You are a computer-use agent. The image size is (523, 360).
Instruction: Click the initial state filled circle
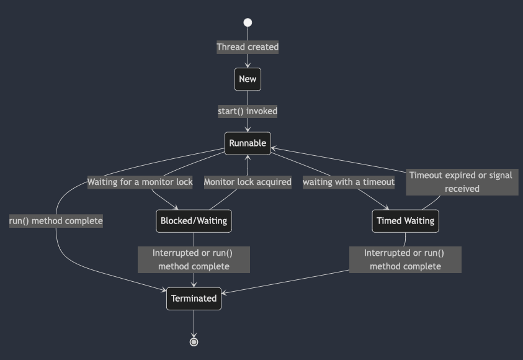coord(248,23)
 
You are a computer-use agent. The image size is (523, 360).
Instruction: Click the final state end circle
coord(194,342)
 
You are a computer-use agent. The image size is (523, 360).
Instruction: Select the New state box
coord(248,79)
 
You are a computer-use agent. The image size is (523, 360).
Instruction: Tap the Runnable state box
coord(248,143)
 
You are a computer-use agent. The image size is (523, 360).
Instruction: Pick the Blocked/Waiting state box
coord(194,221)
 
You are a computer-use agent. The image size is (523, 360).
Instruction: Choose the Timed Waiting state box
coord(405,221)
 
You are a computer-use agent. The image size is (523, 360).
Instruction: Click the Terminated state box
coord(194,299)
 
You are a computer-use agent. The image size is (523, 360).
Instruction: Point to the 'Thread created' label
coord(248,47)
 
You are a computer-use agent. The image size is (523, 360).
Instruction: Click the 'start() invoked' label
coord(248,112)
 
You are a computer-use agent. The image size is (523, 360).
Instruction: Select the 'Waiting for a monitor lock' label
coord(140,182)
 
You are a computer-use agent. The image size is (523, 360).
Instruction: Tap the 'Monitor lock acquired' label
coord(248,182)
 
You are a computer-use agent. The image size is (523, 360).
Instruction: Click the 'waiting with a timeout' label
coord(348,182)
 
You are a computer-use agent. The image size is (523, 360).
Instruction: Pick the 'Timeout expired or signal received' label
coord(462,182)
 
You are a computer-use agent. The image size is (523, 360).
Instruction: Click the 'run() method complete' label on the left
coord(56,221)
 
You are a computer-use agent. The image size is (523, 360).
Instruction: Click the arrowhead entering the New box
coord(248,65)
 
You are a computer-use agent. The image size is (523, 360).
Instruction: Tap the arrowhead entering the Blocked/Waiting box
coord(176,207)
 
